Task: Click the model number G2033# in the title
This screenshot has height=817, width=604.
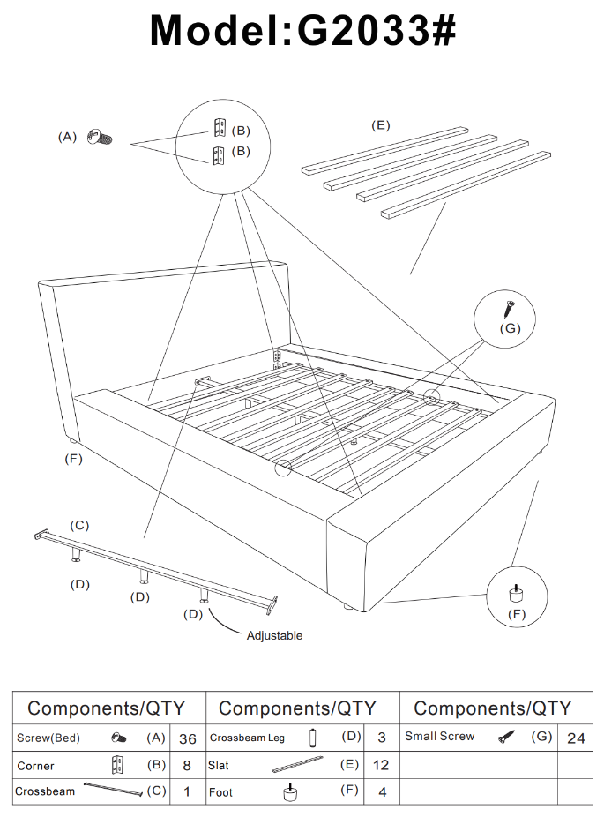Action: pyautogui.click(x=377, y=31)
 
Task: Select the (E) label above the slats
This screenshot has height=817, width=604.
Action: pyautogui.click(x=380, y=125)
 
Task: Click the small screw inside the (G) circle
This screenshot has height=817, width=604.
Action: pyautogui.click(x=509, y=309)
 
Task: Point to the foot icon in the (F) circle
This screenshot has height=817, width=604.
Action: pyautogui.click(x=512, y=591)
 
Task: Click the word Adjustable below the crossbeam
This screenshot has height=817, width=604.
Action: pyautogui.click(x=274, y=635)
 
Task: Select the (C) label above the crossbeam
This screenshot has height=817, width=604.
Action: pyautogui.click(x=79, y=526)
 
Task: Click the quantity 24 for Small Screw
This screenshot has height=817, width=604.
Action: pyautogui.click(x=576, y=738)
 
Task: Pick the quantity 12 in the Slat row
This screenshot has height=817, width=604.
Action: pyautogui.click(x=381, y=766)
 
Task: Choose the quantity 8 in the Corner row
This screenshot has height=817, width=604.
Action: pyautogui.click(x=187, y=766)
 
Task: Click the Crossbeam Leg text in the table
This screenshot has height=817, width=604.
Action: pyautogui.click(x=247, y=738)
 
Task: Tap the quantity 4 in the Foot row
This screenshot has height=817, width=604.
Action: pyautogui.click(x=382, y=792)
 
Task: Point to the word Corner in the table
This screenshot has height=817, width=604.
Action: pyautogui.click(x=35, y=766)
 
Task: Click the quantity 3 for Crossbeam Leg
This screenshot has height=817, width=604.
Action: pyautogui.click(x=382, y=738)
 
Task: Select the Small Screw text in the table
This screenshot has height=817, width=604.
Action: pyautogui.click(x=439, y=737)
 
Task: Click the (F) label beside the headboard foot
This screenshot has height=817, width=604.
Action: pyautogui.click(x=73, y=458)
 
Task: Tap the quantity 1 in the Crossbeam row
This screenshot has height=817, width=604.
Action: pyautogui.click(x=187, y=792)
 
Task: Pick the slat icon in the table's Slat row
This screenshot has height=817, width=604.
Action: pyautogui.click(x=302, y=765)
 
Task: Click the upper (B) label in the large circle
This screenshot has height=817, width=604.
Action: pyautogui.click(x=240, y=131)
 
